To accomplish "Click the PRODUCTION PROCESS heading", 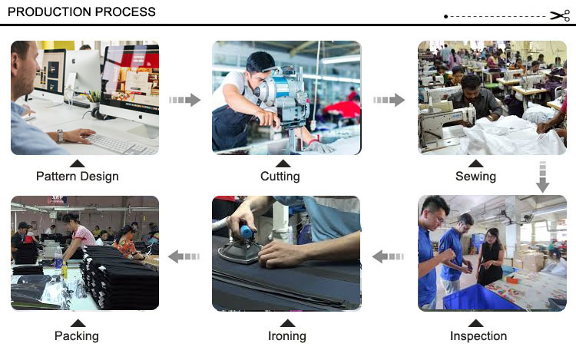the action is click(81, 12).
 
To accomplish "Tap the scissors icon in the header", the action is click(560, 16).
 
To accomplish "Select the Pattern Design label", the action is click(77, 176).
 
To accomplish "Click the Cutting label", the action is click(280, 176).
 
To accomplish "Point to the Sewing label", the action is click(475, 176).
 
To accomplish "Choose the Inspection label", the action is click(478, 335).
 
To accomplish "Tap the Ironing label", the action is click(287, 335).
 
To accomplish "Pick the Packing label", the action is click(76, 335).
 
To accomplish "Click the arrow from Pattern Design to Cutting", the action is click(185, 100).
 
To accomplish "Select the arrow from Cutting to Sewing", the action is click(389, 100).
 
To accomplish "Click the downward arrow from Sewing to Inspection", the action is click(542, 177).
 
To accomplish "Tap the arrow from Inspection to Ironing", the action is click(388, 256).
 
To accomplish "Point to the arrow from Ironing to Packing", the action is click(184, 256).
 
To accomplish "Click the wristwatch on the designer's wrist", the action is click(60, 136).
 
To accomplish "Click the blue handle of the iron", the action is click(246, 233).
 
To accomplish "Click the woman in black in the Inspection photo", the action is click(491, 256).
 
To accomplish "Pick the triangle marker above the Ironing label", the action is click(287, 323).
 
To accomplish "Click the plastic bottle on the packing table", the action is click(58, 259).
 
